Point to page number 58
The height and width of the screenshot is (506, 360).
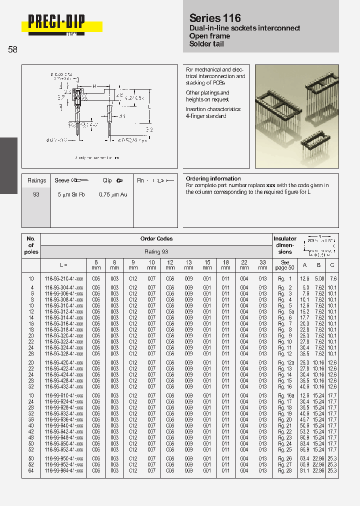12,49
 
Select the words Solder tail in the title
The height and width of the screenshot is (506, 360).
206,44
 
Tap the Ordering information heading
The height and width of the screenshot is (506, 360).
213,178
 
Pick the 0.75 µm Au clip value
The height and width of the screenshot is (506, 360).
113,194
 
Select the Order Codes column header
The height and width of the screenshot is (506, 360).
156,239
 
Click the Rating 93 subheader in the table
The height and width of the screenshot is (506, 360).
156,251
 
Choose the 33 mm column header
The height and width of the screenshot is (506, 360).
262,264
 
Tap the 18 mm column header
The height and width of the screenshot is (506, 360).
225,264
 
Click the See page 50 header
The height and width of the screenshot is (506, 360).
285,265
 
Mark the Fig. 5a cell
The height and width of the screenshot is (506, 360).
285,311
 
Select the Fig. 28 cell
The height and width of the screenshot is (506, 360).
285,470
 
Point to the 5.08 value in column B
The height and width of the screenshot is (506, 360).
319,278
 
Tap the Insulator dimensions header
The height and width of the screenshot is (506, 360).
285,245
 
